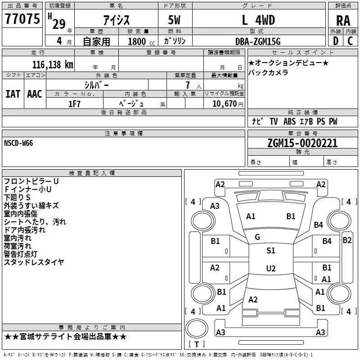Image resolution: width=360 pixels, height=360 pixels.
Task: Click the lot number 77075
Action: click(22, 19)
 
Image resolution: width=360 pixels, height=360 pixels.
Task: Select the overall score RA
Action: click(343, 20)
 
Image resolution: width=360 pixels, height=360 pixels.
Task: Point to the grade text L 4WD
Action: click(258, 20)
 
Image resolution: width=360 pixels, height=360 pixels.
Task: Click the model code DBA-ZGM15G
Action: click(258, 41)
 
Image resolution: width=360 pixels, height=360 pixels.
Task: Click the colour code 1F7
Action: click(74, 103)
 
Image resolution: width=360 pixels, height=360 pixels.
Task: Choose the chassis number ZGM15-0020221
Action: click(302, 143)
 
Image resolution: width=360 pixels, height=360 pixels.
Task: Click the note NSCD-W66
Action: click(18, 143)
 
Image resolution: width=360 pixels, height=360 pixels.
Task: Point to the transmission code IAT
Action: click(13, 94)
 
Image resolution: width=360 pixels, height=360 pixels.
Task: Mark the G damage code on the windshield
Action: click(257, 237)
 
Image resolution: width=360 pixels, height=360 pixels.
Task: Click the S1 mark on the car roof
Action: click(270, 251)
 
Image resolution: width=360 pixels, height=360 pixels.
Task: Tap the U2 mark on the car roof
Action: click(270, 269)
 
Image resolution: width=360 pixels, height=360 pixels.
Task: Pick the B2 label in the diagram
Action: click(347, 240)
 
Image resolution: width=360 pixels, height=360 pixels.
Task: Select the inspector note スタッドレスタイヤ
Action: click(34, 262)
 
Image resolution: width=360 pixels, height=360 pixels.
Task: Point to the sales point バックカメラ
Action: click(268, 72)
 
